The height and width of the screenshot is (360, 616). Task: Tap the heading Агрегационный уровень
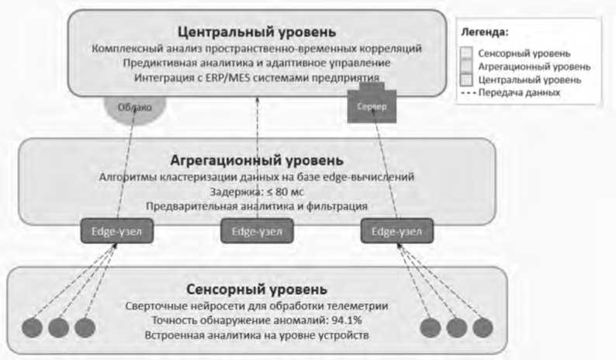[256, 161]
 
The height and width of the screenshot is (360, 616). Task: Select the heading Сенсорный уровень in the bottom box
[256, 289]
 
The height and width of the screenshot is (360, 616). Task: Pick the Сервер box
[372, 106]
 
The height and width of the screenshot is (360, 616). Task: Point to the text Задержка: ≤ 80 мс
[256, 192]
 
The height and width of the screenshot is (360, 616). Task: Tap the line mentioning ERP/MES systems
[256, 78]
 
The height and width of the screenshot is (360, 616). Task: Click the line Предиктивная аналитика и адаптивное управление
[256, 63]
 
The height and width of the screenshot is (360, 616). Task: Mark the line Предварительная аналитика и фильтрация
[256, 206]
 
